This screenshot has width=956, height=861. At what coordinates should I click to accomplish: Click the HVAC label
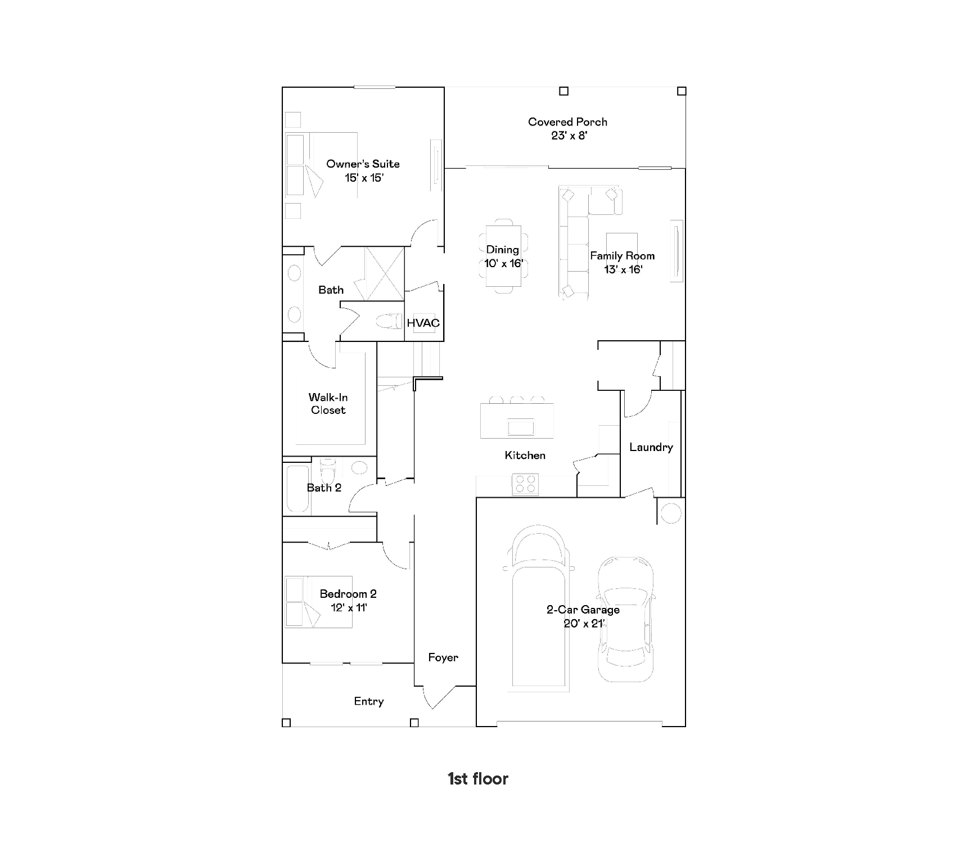point(423,323)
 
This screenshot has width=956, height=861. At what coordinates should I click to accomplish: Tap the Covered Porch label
point(567,121)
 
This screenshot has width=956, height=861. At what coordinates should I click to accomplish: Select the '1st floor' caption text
point(478,779)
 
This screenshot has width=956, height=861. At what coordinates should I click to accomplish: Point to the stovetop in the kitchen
point(525,484)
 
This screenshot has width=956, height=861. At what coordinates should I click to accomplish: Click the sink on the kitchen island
point(521,427)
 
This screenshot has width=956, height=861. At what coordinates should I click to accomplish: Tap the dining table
point(503,256)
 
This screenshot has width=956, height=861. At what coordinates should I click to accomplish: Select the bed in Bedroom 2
point(318,601)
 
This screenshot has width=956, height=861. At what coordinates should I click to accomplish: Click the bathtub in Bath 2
point(297,488)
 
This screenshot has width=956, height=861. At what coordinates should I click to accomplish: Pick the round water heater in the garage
point(670,513)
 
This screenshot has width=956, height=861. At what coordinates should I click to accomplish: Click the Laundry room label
point(651,448)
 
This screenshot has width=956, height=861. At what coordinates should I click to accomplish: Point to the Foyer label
point(443,657)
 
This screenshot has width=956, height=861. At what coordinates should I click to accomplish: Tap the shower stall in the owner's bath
point(385,274)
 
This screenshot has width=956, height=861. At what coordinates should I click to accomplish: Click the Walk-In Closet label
point(328,404)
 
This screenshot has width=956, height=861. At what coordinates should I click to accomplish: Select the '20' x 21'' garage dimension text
point(584,623)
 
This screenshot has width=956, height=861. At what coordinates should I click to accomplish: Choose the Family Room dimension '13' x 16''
point(623,269)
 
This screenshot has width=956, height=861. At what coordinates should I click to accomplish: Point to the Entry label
point(369,702)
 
